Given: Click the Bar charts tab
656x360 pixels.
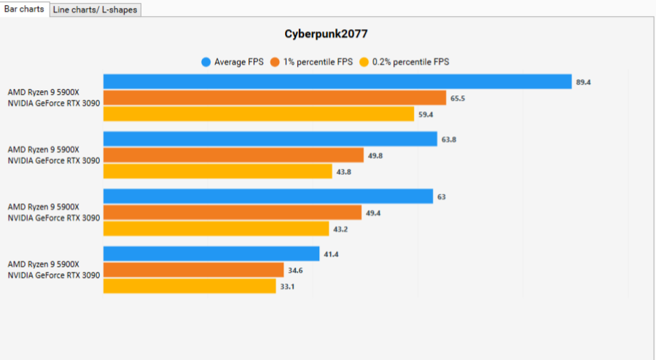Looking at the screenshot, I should click(25, 9).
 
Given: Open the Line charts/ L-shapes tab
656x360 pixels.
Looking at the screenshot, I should click(95, 9).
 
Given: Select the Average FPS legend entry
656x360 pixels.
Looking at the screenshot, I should click(233, 62).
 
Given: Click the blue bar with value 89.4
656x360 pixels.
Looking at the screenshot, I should click(337, 82).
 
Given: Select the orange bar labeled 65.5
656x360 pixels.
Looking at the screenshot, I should click(274, 98).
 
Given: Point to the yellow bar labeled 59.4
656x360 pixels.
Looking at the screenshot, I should click(259, 114).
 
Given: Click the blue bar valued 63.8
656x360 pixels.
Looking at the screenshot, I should click(270, 139).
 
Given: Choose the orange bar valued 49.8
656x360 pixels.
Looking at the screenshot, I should click(233, 155).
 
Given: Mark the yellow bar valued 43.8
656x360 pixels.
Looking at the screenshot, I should click(217, 171).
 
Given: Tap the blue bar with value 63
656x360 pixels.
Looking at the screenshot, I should click(268, 197).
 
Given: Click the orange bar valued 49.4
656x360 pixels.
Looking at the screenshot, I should click(232, 213).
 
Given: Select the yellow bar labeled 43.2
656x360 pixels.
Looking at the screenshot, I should click(216, 229).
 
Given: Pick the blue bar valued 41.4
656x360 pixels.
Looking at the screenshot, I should click(211, 254).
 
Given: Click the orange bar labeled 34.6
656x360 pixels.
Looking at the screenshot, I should click(193, 270).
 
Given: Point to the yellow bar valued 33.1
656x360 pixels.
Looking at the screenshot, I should click(190, 286).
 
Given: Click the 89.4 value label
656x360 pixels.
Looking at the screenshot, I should click(583, 82).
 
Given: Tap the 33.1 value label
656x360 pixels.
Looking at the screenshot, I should click(287, 286).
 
